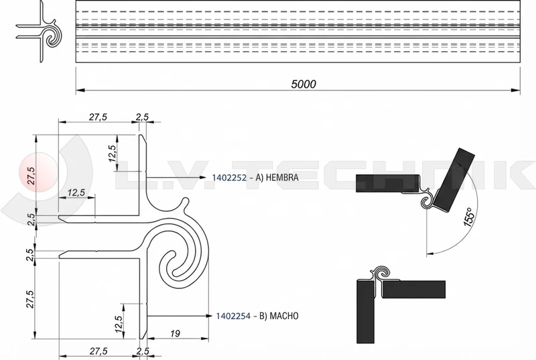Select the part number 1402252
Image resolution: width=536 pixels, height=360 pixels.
(x=230, y=178)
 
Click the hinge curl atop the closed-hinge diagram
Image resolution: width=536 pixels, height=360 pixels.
(x=381, y=272)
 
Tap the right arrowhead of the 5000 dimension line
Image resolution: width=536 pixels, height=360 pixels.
(x=519, y=90)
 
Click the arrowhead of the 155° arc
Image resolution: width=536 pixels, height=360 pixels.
(x=429, y=252)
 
